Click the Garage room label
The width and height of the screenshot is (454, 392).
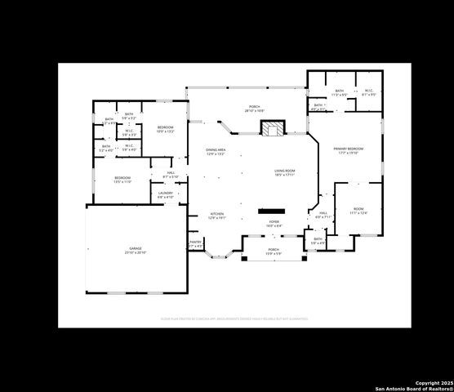point(135,251)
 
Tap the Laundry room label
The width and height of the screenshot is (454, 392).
point(165,194)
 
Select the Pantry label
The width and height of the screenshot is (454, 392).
point(195,243)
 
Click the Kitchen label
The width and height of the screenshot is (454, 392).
point(216,216)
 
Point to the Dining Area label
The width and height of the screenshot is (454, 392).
point(216,152)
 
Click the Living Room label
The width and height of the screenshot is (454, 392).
point(283,172)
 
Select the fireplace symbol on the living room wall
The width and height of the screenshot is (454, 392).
point(272,128)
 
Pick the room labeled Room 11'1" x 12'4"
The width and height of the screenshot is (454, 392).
point(358,212)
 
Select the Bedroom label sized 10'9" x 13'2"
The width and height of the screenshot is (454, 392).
point(165,129)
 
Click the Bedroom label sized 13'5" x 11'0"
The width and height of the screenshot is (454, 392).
point(122,180)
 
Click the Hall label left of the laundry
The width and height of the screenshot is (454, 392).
point(171,174)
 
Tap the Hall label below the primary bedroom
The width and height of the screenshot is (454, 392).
point(322,215)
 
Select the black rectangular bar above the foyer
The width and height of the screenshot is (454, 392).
point(271,211)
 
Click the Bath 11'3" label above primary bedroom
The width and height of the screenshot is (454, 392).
point(339,92)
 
